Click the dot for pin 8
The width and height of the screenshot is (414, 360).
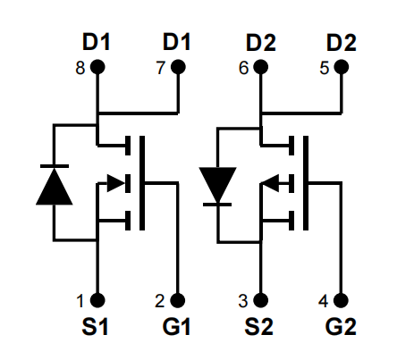pyautogui.click(x=97, y=67)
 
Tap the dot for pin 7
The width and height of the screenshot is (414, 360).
pyautogui.click(x=178, y=67)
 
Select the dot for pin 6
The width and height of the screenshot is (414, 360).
pyautogui.click(x=261, y=67)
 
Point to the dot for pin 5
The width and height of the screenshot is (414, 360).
pyautogui.click(x=342, y=67)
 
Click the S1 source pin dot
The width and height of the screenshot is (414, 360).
pyautogui.click(x=97, y=300)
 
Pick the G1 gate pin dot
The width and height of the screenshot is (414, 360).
pyautogui.click(x=178, y=300)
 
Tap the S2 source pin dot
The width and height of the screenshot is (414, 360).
pyautogui.click(x=261, y=300)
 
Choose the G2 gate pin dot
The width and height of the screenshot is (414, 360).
pyautogui.click(x=341, y=300)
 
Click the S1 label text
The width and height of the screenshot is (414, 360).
pyautogui.click(x=95, y=327)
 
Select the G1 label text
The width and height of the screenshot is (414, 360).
pyautogui.click(x=176, y=327)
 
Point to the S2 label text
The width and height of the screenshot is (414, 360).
pyautogui.click(x=258, y=327)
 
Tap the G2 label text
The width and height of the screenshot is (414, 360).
pyautogui.click(x=341, y=327)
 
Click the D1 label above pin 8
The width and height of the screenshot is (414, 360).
pyautogui.click(x=97, y=42)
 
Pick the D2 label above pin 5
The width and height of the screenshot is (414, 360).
pyautogui.click(x=342, y=43)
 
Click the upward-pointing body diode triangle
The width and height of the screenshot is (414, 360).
pyautogui.click(x=55, y=187)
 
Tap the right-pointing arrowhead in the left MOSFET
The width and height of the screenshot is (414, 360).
pyautogui.click(x=116, y=183)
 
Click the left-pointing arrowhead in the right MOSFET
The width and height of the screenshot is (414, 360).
pyautogui.click(x=271, y=183)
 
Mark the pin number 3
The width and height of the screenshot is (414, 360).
pyautogui.click(x=243, y=301)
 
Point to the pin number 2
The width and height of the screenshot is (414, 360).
pyautogui.click(x=160, y=301)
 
